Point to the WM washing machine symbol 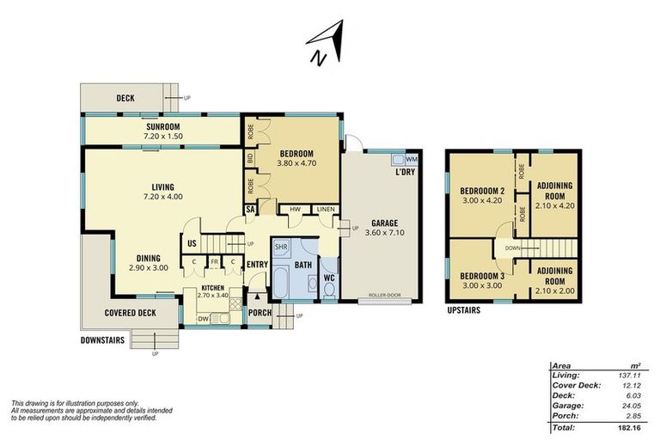pyautogui.click(x=411, y=160)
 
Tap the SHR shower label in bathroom pyautogui.click(x=281, y=247)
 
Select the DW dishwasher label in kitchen pyautogui.click(x=204, y=318)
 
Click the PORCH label pyautogui.click(x=260, y=313)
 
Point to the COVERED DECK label pyautogui.click(x=130, y=313)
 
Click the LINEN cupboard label pyautogui.click(x=325, y=209)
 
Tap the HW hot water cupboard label pyautogui.click(x=295, y=209)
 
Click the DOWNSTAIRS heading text pyautogui.click(x=102, y=340)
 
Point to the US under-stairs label pyautogui.click(x=193, y=243)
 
